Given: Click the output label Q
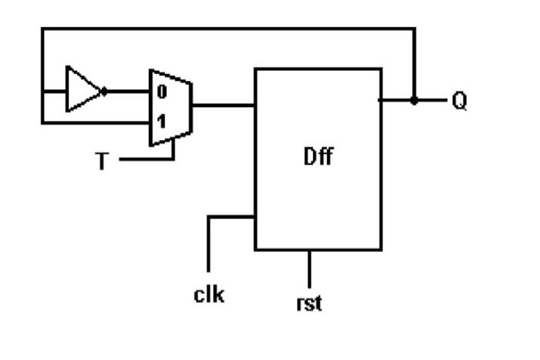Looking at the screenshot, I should click(x=459, y=101).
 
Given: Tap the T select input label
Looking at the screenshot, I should click(x=102, y=161).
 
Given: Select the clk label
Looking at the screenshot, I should click(x=209, y=294).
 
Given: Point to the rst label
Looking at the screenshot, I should click(x=309, y=303).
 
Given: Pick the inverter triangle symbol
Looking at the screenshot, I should click(x=83, y=90).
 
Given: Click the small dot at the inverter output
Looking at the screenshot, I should click(x=104, y=91).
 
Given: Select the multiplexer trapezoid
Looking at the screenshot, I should click(x=170, y=107).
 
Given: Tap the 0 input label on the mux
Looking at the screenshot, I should click(x=162, y=93).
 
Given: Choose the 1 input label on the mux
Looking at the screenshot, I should click(x=162, y=122).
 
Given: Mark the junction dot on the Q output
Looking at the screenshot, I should click(x=414, y=100).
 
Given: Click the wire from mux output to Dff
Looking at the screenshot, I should click(x=224, y=106).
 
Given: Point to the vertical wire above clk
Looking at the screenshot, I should click(x=208, y=243).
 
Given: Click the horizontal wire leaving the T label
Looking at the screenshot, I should click(x=147, y=160).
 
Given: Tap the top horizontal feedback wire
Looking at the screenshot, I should click(x=231, y=29).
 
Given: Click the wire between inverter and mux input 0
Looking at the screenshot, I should click(x=127, y=91).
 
